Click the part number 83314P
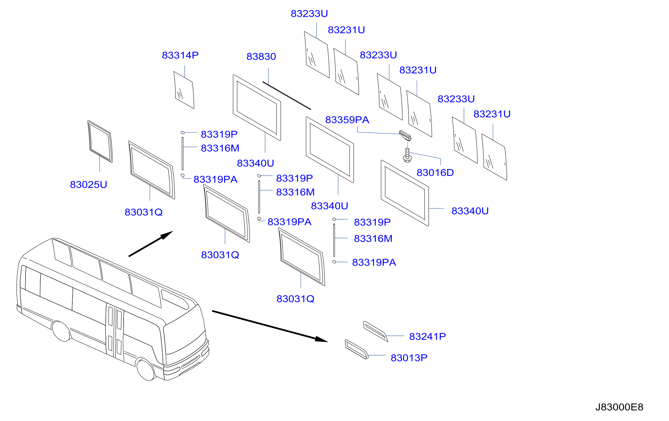point(180,55)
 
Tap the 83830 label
point(261,56)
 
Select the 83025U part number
point(88,185)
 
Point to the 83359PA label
point(347,120)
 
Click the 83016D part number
point(435,172)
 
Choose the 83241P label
point(427,336)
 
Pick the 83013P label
point(409,358)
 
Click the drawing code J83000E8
point(619,407)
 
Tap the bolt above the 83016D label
point(407,155)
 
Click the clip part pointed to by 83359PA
point(405,135)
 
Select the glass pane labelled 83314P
point(184,90)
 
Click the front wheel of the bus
point(146,369)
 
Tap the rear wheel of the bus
point(61,331)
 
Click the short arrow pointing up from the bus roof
point(151,244)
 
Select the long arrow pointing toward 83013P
point(270,326)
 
